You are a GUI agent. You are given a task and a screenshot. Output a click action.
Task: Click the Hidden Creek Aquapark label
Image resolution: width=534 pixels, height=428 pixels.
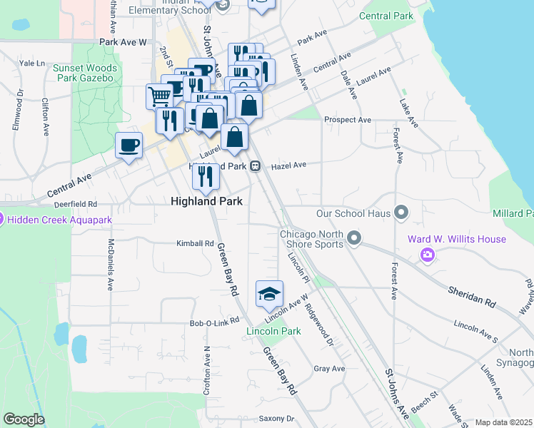[x=61, y=220]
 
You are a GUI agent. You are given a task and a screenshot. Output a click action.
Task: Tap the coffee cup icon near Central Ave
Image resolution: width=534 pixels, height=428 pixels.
[x=129, y=146]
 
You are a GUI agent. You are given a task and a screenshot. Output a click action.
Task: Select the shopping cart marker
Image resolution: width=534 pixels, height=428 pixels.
[x=159, y=96]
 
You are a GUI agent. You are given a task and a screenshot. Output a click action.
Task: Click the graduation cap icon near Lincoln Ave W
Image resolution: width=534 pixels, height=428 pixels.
[x=269, y=293]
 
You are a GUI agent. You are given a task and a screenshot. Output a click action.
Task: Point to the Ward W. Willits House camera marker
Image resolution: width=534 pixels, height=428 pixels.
[x=428, y=254]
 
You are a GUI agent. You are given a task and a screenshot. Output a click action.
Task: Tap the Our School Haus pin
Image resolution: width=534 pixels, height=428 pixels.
[x=401, y=213]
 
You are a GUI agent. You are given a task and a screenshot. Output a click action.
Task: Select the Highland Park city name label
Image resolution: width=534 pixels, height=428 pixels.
[x=206, y=201]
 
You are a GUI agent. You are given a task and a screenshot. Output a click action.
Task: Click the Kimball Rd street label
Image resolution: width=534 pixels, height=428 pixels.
[x=195, y=243]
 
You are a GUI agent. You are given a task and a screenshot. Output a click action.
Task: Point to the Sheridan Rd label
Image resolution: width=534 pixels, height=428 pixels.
[x=472, y=293]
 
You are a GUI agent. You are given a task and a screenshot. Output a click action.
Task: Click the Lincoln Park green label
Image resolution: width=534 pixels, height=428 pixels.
[x=273, y=332]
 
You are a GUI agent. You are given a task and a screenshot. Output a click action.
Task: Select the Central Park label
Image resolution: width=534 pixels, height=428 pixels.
[x=386, y=16]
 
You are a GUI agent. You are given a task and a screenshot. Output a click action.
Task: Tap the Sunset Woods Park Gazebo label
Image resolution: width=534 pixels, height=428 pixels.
[x=84, y=73]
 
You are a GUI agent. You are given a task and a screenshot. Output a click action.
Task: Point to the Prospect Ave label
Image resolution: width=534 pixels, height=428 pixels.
[x=348, y=120]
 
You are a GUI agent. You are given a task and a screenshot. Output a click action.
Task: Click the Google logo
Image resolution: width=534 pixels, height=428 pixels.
[x=24, y=419]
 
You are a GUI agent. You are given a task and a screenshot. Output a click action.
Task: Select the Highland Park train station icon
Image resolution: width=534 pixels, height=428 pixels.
[x=255, y=165]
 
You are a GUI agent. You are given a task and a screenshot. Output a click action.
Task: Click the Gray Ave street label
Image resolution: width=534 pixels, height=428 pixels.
[x=329, y=369]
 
